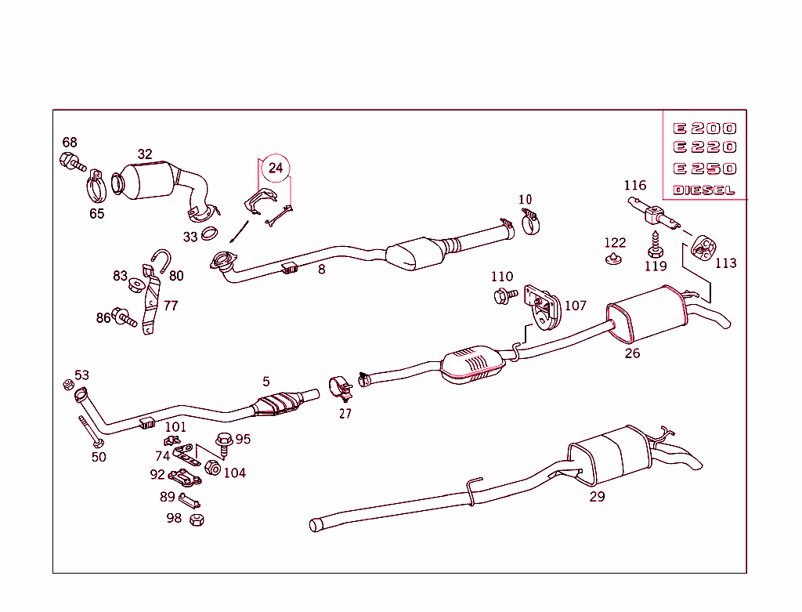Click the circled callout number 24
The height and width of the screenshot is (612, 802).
pos(276,168)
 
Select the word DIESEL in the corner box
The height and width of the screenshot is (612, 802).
pos(704,190)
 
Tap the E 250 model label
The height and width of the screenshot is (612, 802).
pos(704,168)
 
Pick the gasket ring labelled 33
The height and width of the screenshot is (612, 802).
pos(210,233)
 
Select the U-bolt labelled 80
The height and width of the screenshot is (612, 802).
pos(161,261)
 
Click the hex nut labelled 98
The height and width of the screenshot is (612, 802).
pos(197,520)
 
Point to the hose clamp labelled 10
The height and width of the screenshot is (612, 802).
pos(532,222)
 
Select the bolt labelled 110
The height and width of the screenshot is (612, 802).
pos(504,295)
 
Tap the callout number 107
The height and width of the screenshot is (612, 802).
pos(575,305)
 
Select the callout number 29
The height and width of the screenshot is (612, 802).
pos(597,496)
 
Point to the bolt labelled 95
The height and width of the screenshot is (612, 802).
pos(222,444)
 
